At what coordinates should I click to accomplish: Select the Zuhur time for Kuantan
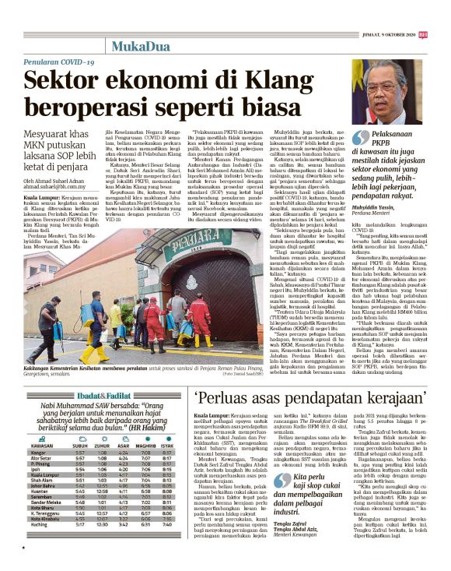pos(102,492)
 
